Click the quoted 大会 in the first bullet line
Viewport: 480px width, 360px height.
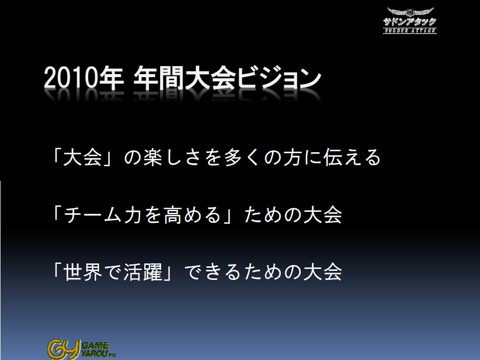click(83, 157)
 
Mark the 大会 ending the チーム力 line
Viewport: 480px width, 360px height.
click(322, 215)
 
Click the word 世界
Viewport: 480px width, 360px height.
click(83, 272)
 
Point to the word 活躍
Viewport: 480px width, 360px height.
click(143, 272)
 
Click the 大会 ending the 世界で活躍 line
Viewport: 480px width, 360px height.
click(322, 272)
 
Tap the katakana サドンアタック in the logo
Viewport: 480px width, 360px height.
click(409, 22)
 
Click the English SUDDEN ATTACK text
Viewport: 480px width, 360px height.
click(410, 31)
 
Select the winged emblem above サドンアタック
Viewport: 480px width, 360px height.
click(410, 12)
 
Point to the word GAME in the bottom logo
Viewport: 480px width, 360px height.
click(95, 346)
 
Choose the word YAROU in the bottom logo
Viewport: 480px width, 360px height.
click(94, 353)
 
